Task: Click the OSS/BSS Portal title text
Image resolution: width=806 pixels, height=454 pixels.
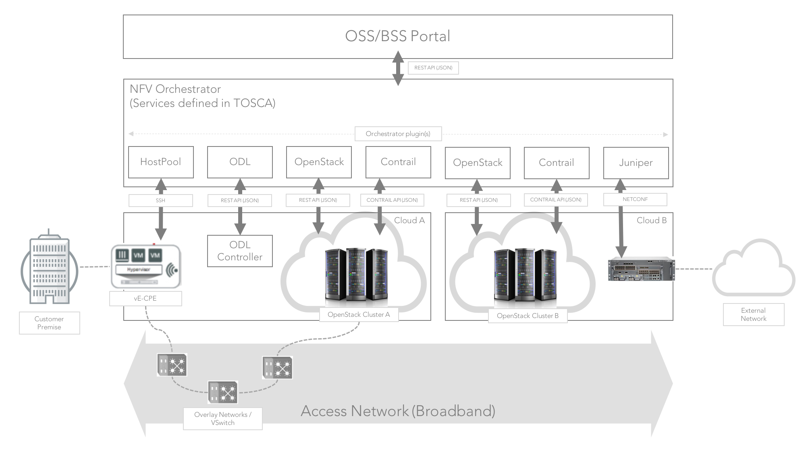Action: coord(397,36)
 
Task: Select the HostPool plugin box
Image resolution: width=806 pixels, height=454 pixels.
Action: coord(161,162)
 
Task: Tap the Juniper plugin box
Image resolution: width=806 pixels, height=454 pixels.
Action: coord(636,163)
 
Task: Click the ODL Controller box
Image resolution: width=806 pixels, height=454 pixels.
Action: coord(240,251)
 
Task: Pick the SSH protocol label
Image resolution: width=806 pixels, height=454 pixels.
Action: coord(160,201)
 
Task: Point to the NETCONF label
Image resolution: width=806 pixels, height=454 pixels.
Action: coord(635,199)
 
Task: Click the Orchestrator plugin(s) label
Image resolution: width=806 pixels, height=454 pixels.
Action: coord(398,134)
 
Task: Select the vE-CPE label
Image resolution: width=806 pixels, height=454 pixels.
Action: coord(145,299)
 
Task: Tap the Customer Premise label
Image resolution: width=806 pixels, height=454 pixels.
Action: coord(49,323)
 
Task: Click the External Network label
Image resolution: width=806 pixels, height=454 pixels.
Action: coord(753,314)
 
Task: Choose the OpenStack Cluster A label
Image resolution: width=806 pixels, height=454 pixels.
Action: coord(359,315)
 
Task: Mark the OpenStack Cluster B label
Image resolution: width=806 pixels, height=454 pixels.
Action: coord(528,316)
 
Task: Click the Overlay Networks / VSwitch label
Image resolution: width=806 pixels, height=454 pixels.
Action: coord(222,418)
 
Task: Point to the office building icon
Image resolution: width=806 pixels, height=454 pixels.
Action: coord(49,268)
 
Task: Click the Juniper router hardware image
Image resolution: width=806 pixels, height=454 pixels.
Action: coord(641,269)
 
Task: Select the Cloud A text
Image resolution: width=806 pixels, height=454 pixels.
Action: coord(409,220)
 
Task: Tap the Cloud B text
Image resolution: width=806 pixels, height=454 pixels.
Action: coord(651,220)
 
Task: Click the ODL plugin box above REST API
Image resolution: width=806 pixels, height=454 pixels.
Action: coord(240,162)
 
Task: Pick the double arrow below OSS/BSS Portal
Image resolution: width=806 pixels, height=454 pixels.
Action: coord(398,68)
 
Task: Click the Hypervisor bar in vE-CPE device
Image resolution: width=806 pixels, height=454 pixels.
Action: coord(138,270)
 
